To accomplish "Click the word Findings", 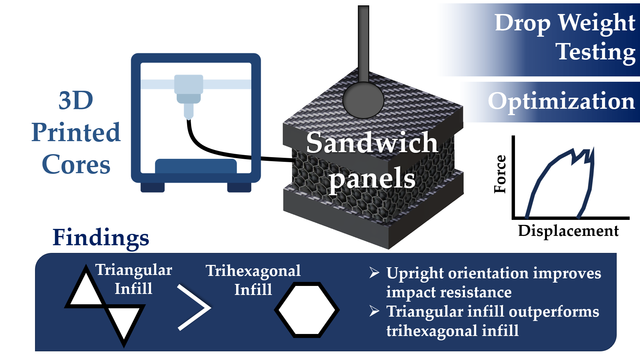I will tap(101, 238).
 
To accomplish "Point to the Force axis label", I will tap(500, 174).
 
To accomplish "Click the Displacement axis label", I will tap(568, 231).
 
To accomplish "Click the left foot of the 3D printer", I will tap(152, 187).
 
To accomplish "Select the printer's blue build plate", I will tap(196, 166).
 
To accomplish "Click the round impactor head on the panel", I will tap(363, 100).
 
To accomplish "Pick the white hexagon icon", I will tap(307, 310).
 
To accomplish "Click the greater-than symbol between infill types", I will tap(194, 307).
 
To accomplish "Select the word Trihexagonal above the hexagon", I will tap(253, 271).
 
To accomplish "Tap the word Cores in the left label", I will tap(76, 164).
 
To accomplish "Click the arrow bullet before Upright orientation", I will tap(374, 273).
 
